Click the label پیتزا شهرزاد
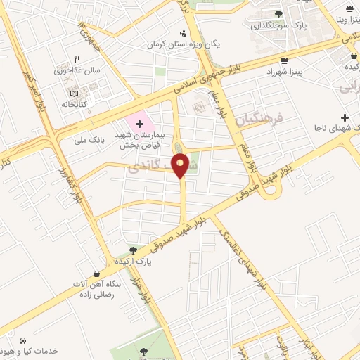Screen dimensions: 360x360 (285, 72)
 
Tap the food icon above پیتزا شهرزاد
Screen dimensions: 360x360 (283, 61)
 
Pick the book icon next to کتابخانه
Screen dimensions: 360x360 (75, 92)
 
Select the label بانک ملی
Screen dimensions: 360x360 (89, 139)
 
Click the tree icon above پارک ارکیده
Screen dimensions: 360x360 (134, 250)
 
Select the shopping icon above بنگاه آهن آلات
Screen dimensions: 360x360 (96, 274)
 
